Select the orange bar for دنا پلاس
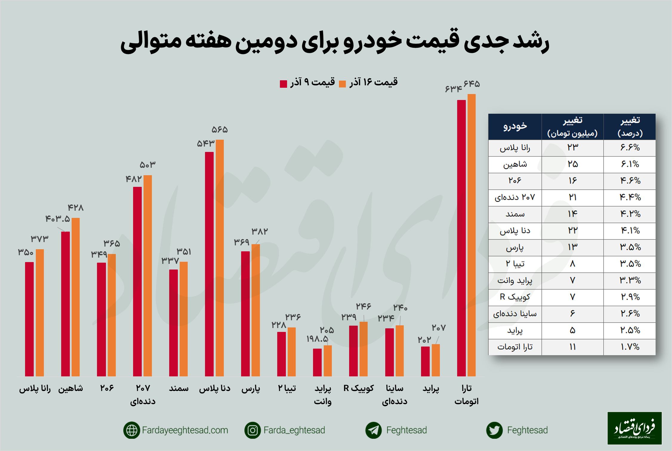click(220, 258)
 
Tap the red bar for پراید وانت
click(317, 362)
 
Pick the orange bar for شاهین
click(75, 297)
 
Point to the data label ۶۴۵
click(471, 84)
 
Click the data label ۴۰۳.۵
click(58, 219)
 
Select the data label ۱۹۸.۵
click(317, 339)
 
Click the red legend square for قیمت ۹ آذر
click(283, 84)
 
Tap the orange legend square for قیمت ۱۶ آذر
click(342, 84)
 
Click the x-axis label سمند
click(179, 388)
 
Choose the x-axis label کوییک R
click(358, 388)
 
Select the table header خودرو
click(515, 127)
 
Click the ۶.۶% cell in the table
click(630, 147)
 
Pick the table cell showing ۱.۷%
click(630, 347)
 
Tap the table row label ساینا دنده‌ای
click(515, 314)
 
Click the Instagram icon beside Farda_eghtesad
click(252, 430)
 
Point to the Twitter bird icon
click(494, 430)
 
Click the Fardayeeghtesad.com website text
click(185, 430)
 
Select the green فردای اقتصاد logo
click(634, 428)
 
